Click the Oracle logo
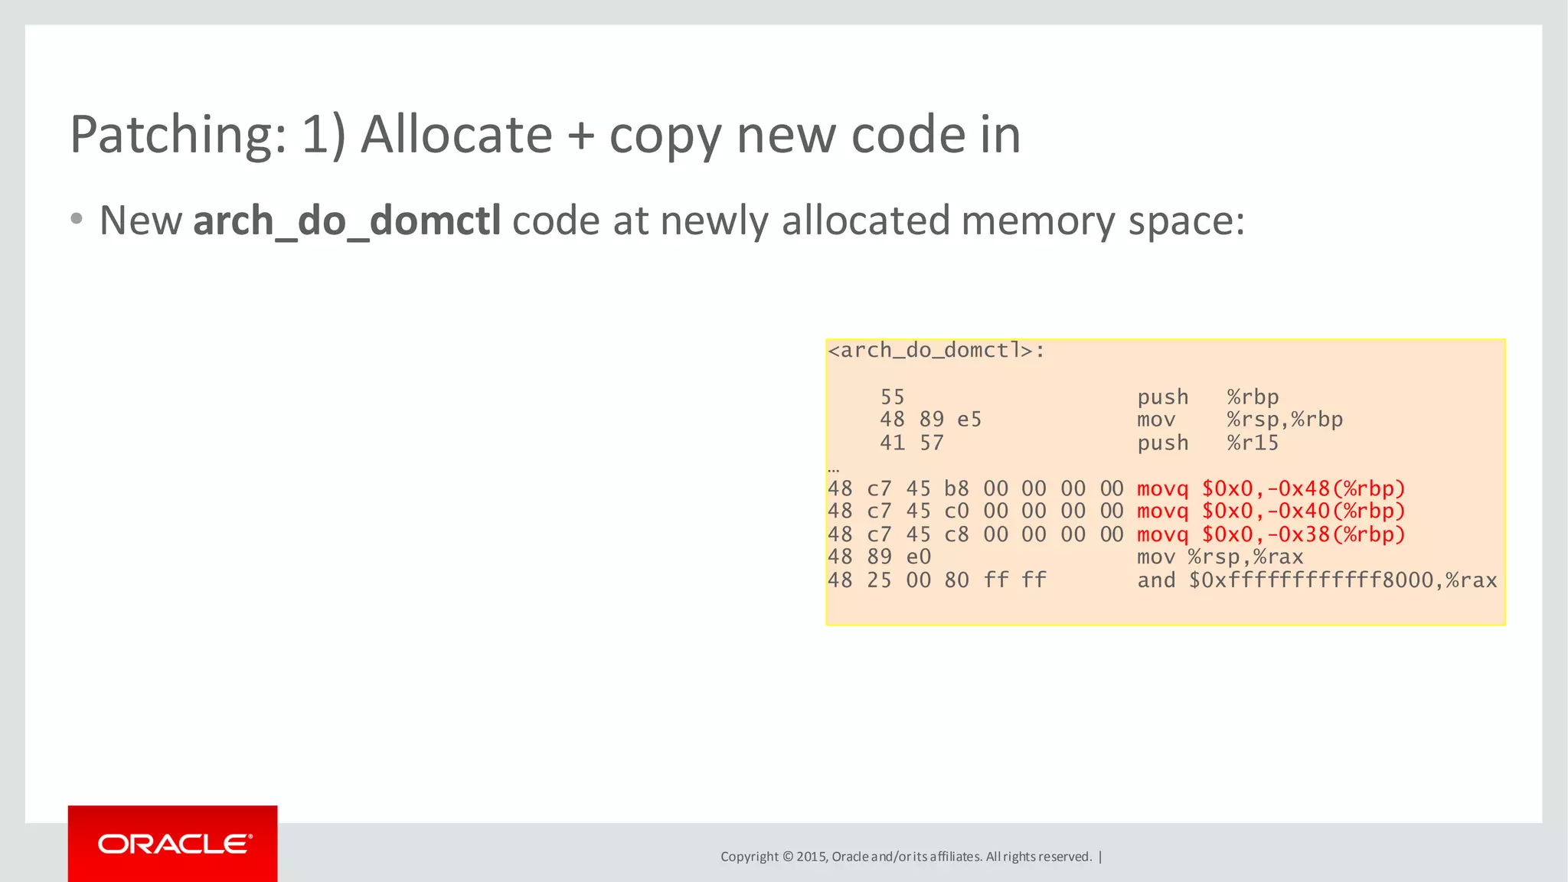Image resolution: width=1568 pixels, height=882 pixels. (174, 844)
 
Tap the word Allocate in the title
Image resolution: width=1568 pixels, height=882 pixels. (456, 135)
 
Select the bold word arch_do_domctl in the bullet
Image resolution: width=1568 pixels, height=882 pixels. (347, 221)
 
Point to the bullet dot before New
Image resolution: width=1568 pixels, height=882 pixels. (76, 219)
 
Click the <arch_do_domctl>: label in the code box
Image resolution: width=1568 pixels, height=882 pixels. (936, 351)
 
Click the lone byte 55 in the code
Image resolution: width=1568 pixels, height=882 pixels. (892, 397)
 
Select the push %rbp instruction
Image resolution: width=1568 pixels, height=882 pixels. (1207, 397)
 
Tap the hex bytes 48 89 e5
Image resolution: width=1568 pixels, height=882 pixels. (930, 420)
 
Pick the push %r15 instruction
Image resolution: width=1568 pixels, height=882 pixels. (1207, 443)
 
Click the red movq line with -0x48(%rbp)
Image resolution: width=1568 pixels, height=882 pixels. (1271, 488)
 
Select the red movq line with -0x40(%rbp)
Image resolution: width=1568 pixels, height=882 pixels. (1271, 511)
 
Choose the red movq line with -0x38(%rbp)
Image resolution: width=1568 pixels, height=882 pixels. (1271, 534)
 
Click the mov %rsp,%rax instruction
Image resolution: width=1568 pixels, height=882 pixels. (1220, 557)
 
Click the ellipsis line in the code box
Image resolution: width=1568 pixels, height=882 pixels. (834, 468)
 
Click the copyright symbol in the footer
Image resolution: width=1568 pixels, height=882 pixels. (787, 857)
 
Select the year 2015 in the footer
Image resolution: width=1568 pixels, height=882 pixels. (810, 857)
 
